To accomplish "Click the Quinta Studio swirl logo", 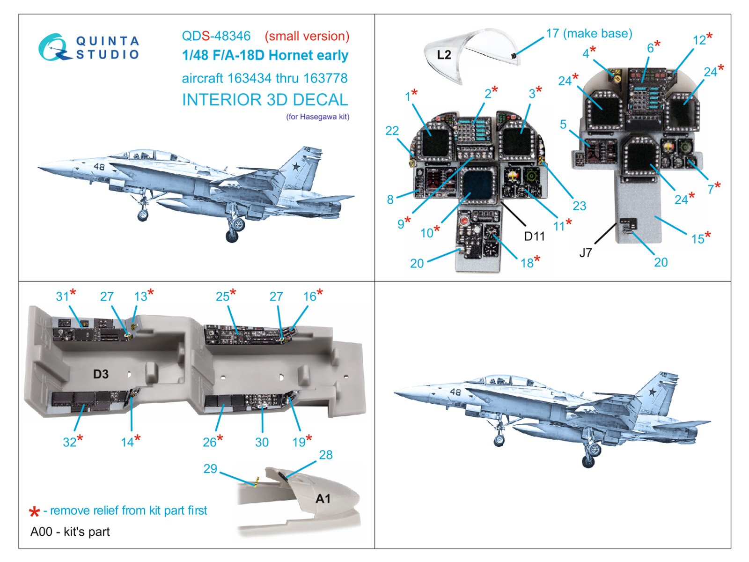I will point(52,47).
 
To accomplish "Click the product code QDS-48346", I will point(216,36).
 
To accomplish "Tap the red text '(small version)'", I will point(307,36).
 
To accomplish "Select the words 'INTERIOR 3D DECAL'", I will point(264,100).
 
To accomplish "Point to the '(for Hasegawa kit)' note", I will point(317,117).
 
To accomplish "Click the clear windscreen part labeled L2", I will point(444,55).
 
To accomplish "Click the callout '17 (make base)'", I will point(588,33).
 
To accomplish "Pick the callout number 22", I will point(392,131).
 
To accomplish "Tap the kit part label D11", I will point(534,236).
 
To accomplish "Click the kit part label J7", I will point(585,253).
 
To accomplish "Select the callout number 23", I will point(579,206).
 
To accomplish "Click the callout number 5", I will point(563,124).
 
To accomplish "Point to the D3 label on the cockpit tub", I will point(101,374).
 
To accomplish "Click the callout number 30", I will point(262,442).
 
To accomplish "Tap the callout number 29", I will point(210,468).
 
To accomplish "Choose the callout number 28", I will point(325,455).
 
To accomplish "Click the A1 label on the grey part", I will point(323,498).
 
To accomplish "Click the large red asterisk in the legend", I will point(34,511).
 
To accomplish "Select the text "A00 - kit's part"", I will point(70,532).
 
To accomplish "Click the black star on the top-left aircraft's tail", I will point(296,166).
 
